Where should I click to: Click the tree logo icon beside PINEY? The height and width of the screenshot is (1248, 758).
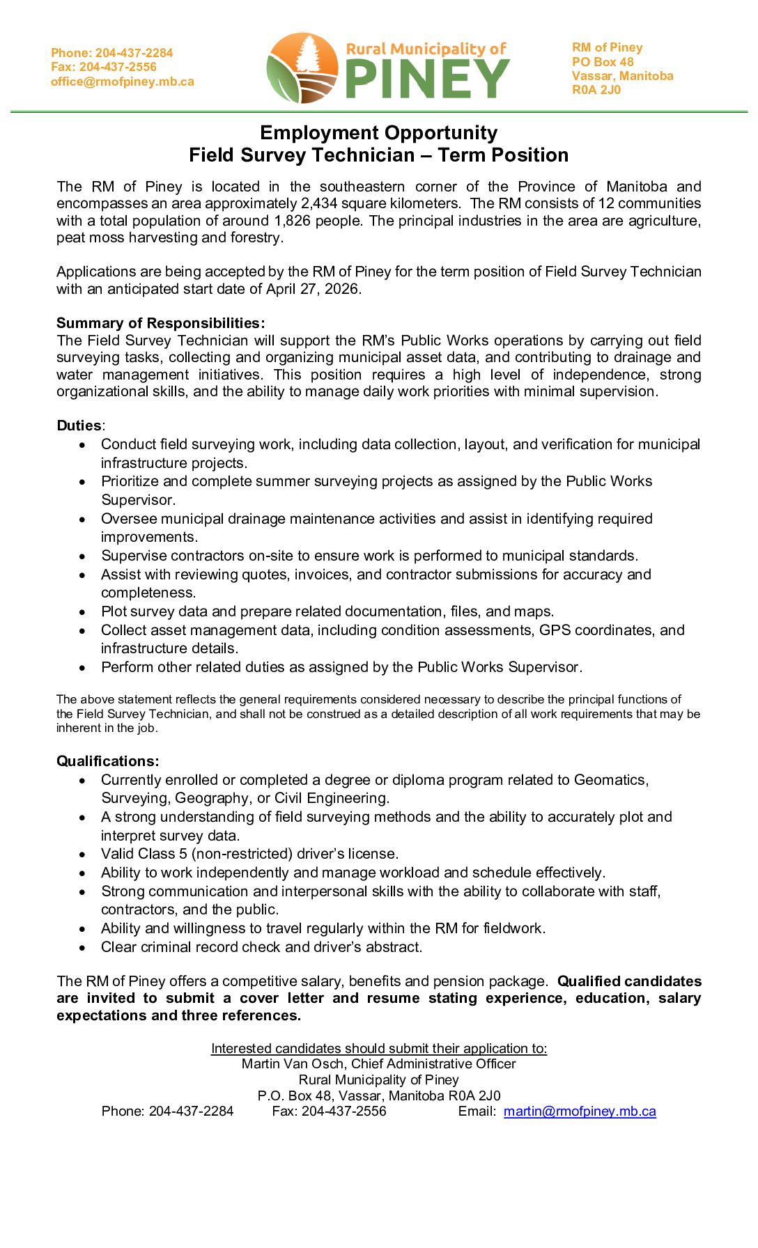(x=302, y=68)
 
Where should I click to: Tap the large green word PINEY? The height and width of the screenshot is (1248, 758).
(x=428, y=79)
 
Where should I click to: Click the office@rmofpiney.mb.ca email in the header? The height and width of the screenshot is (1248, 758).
(x=123, y=81)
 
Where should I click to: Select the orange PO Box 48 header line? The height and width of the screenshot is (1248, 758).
(x=603, y=62)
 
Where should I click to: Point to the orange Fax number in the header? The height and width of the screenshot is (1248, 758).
(x=104, y=67)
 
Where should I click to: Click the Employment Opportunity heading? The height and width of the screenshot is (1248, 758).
(x=378, y=132)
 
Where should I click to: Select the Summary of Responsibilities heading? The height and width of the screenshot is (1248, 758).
(x=160, y=323)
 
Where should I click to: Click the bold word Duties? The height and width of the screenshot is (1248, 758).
(x=79, y=426)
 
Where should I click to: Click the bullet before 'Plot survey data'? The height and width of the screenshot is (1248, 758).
(x=82, y=612)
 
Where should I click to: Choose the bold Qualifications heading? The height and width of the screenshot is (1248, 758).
(x=108, y=761)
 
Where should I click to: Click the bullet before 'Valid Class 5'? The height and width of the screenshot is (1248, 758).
(x=82, y=855)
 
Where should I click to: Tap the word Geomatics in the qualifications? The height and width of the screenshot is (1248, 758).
(x=610, y=780)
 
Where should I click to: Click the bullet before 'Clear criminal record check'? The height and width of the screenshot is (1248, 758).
(x=82, y=948)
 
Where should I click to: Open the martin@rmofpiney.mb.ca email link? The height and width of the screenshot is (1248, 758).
(x=580, y=1111)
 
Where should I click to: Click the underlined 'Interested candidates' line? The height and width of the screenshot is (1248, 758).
(x=379, y=1048)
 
